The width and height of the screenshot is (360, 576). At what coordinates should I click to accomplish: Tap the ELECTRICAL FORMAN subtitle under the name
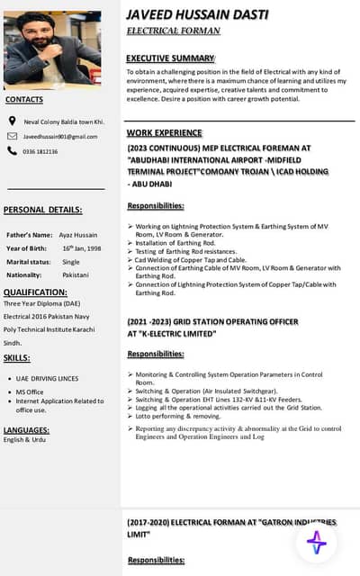pos(173,31)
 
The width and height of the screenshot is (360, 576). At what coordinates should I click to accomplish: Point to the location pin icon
pos(12,121)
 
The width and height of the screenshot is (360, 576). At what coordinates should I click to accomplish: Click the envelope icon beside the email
pos(12,136)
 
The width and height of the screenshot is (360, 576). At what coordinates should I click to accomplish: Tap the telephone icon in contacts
pos(12,151)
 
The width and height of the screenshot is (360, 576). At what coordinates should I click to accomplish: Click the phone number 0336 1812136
pos(40,152)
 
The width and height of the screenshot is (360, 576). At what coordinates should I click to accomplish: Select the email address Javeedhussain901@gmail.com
pos(60,137)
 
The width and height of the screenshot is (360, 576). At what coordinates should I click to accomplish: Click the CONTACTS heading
pos(24,100)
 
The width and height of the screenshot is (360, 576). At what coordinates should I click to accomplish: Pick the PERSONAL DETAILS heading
pos(42,210)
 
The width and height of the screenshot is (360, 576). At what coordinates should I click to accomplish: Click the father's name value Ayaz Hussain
pos(79,234)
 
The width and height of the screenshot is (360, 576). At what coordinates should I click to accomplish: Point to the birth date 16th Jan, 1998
pos(82,247)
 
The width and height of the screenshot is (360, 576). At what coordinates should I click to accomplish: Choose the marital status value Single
pos(71,261)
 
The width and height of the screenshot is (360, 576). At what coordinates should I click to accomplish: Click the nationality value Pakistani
pos(76,274)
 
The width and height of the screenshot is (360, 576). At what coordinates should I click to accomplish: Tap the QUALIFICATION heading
pos(35,292)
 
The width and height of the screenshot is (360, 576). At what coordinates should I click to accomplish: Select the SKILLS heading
pos(17,358)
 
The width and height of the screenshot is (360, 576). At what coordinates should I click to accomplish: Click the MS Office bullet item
pos(30,392)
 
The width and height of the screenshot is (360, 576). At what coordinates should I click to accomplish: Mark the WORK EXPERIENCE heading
pos(165,132)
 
